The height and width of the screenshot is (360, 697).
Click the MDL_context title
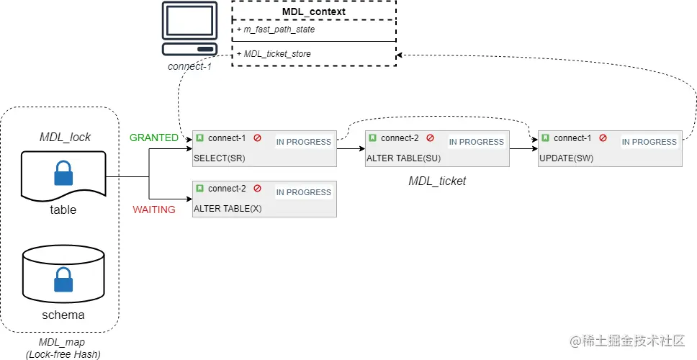[313, 12]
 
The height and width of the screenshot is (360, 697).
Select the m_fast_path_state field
[276, 30]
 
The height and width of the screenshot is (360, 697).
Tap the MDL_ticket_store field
[277, 53]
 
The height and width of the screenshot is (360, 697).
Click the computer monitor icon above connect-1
[189, 28]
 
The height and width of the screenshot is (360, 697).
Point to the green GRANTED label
[153, 138]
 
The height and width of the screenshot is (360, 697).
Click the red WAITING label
[153, 210]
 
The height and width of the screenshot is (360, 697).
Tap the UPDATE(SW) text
[566, 158]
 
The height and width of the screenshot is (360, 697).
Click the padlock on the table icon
[64, 174]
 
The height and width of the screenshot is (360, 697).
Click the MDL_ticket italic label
[437, 181]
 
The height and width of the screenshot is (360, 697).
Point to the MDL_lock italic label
[65, 137]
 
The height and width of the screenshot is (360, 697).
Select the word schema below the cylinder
[64, 315]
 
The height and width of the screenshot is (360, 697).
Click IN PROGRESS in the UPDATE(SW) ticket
[649, 142]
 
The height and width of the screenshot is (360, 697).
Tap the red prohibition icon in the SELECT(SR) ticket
[257, 138]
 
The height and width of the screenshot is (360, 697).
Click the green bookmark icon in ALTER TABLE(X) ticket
[200, 189]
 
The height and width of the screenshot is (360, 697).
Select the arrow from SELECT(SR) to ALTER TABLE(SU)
[351, 149]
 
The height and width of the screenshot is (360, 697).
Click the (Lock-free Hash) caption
[64, 354]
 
